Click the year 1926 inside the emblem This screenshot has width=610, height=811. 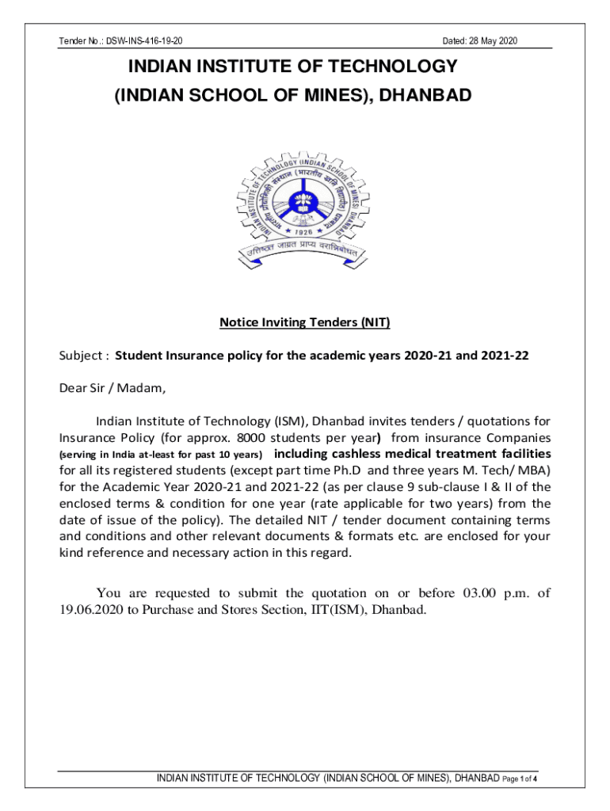point(304,232)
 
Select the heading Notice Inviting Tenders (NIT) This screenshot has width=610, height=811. point(304,322)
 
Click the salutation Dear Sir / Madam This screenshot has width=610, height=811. point(113,388)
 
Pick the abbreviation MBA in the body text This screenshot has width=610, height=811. point(533,470)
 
